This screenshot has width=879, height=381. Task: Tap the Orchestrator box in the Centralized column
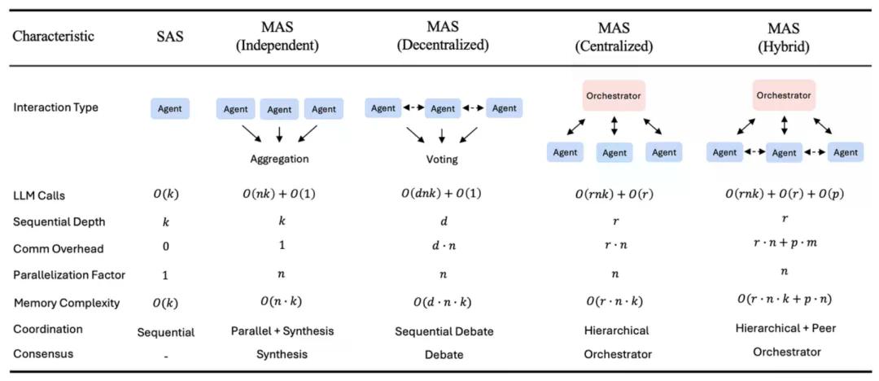[x=614, y=96]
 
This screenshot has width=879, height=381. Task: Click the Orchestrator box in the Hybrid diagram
[x=784, y=95]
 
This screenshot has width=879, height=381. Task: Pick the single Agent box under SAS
[x=170, y=108]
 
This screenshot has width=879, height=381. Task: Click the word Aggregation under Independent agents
[x=279, y=159]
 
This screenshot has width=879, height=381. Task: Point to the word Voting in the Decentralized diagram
[x=442, y=160]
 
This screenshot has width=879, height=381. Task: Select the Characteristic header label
[x=53, y=37]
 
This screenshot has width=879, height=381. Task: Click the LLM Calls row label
[x=41, y=196]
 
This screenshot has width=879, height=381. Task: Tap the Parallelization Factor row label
[x=69, y=275]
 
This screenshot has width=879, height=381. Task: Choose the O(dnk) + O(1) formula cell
[x=443, y=196]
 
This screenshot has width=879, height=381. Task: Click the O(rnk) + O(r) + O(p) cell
[x=783, y=196]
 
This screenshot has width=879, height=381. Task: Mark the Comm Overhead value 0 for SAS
[x=165, y=249]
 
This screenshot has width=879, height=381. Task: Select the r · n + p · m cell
[x=783, y=247]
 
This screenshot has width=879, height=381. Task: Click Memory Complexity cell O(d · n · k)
[x=443, y=303]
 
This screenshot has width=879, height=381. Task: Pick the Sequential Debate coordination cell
[x=443, y=331]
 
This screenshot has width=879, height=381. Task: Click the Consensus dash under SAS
[x=165, y=355]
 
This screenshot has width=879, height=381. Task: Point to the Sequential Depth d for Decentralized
[x=443, y=222]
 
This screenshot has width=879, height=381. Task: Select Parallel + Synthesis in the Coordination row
[x=280, y=331]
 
